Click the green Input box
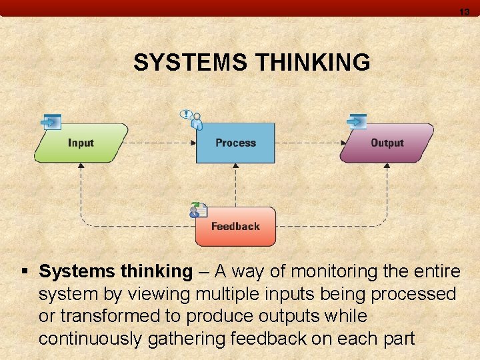click(81, 143)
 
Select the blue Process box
click(235, 143)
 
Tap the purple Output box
click(387, 143)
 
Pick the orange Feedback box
click(235, 227)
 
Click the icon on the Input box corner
click(51, 121)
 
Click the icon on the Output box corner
click(357, 121)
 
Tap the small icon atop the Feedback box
click(198, 210)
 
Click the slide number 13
click(464, 12)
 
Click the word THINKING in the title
click(313, 63)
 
